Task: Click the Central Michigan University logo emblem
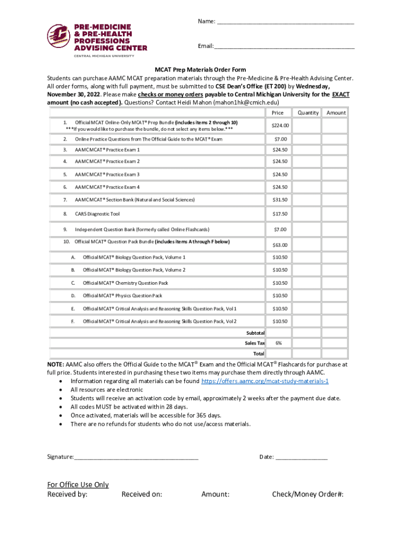point(59,36)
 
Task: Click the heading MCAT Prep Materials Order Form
point(200,70)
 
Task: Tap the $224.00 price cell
point(280,125)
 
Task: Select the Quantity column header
point(308,112)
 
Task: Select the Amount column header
point(336,112)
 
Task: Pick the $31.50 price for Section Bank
point(280,200)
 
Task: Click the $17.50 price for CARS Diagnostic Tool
point(280,214)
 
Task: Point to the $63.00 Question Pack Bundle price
point(280,245)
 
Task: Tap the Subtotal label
point(255,333)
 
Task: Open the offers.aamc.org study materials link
point(265,381)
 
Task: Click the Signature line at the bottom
point(136,457)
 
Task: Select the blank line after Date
point(302,457)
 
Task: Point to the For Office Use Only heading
point(78,485)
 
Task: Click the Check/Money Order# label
point(307,494)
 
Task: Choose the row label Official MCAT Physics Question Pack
point(122,296)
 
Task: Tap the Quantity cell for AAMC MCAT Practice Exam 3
point(308,174)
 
